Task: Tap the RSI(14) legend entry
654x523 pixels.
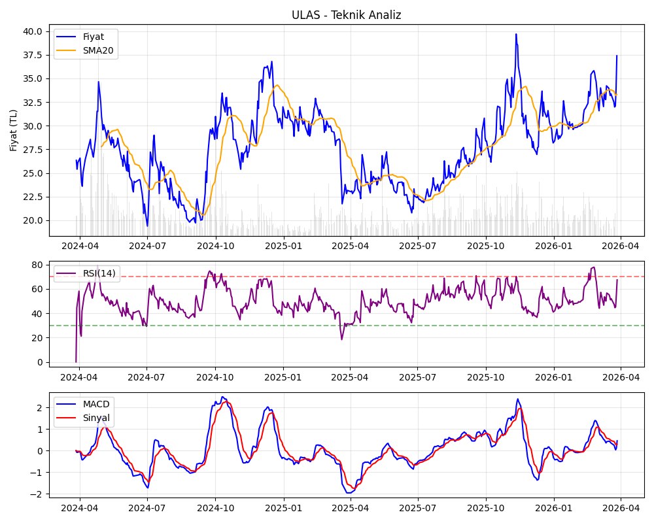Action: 99,273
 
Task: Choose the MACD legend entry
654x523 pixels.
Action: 96,403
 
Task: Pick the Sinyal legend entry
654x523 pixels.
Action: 96,418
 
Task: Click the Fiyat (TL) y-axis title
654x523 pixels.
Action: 14,131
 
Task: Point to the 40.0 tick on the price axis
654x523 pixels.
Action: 33,31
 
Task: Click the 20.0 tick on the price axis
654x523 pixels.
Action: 33,220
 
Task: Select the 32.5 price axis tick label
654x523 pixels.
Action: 33,103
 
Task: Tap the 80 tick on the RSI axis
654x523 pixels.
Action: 37,265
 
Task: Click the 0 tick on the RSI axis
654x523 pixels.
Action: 40,362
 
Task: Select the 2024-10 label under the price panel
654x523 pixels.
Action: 215,245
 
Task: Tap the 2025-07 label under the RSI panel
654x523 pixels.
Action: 417,377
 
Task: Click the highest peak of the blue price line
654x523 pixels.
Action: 515,34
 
